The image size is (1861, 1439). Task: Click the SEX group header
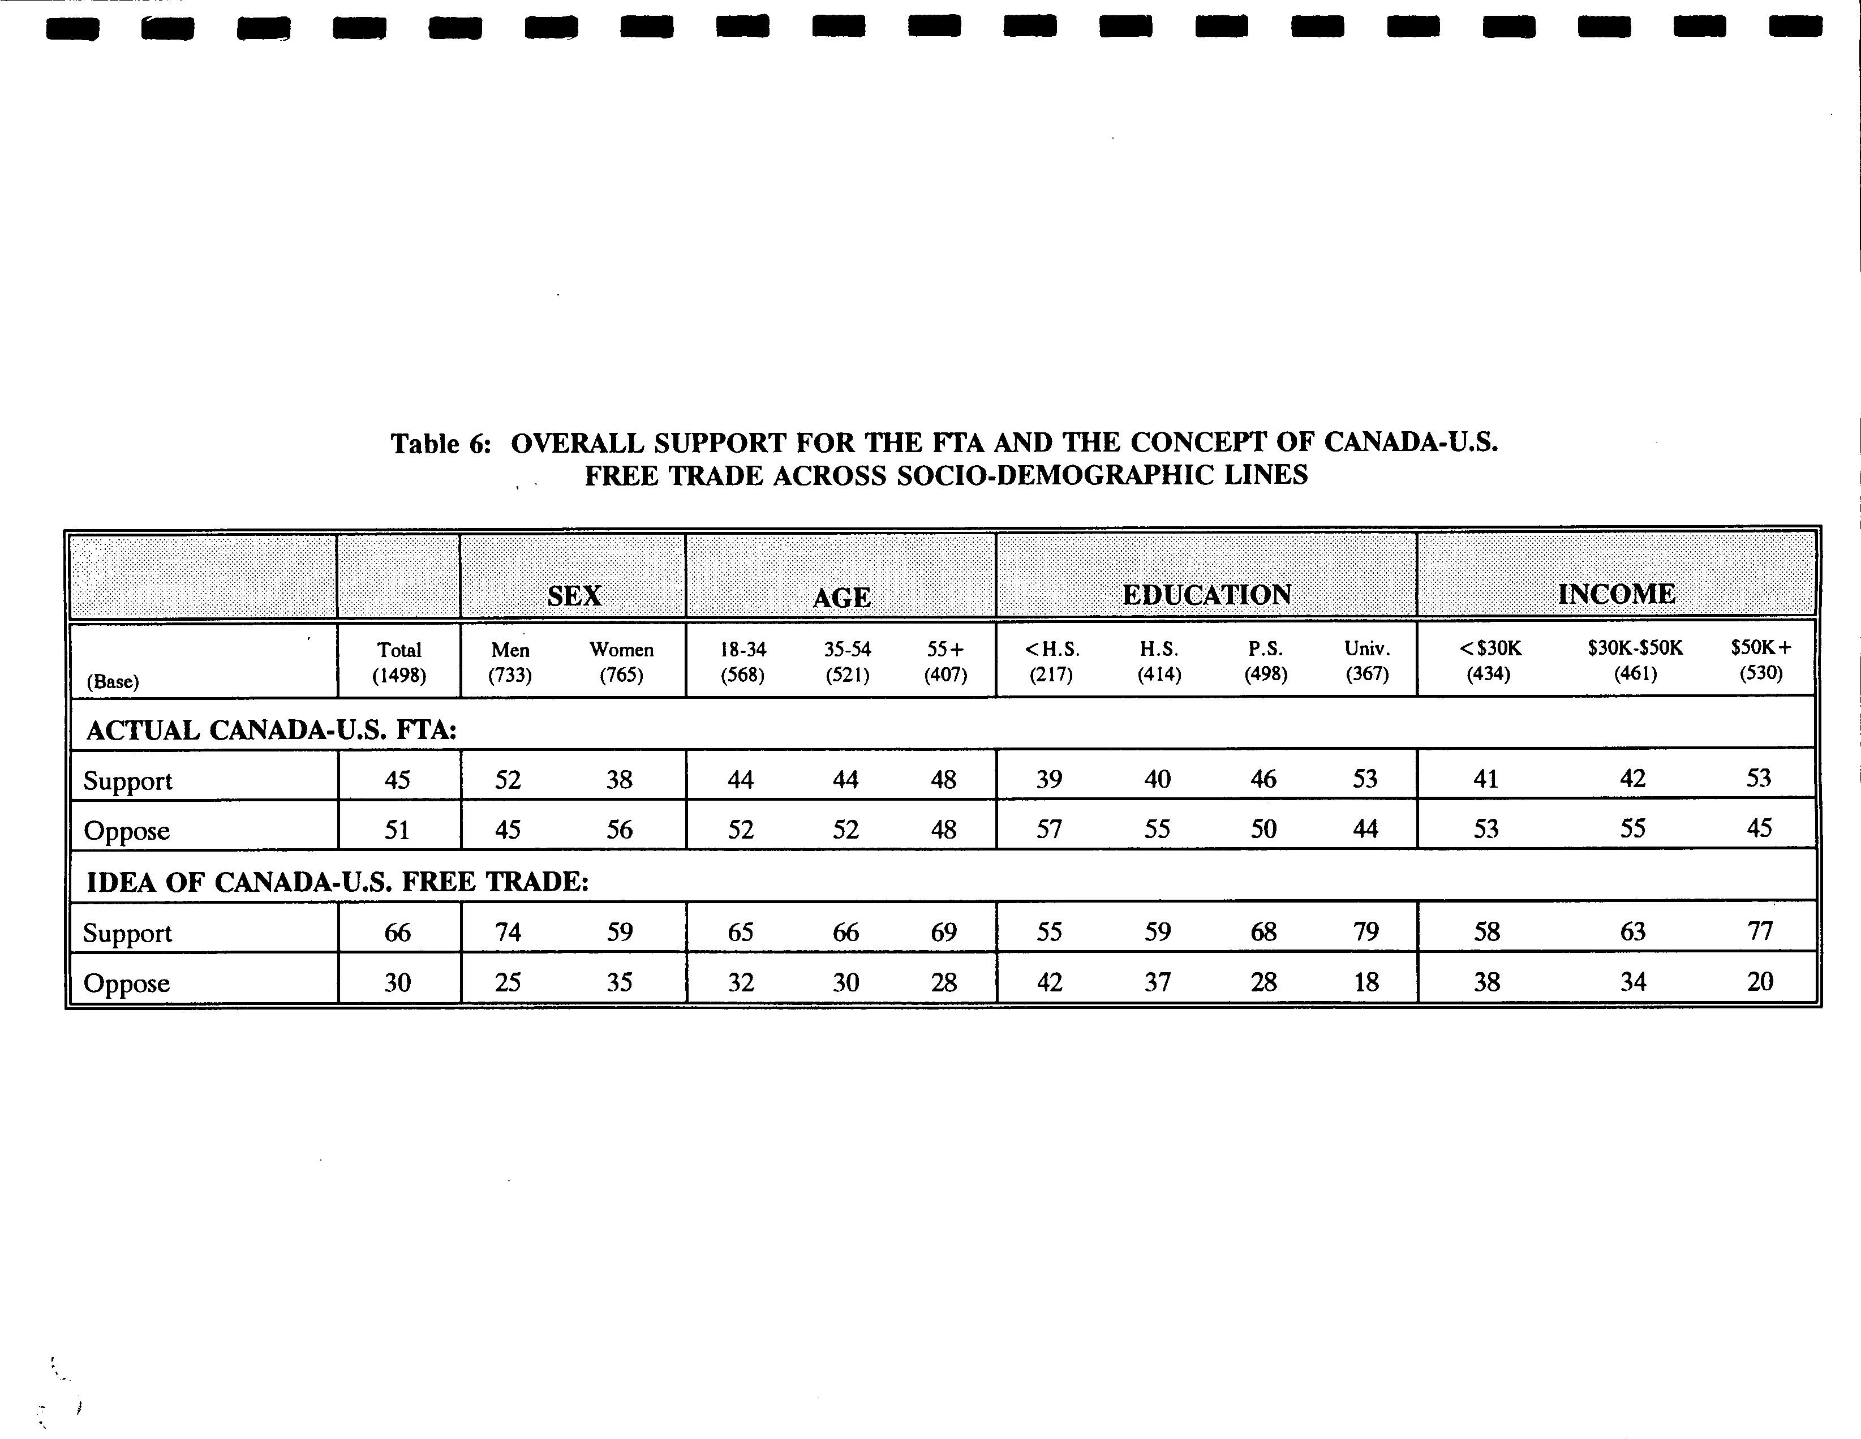coord(574,595)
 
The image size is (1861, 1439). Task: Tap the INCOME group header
coord(1617,593)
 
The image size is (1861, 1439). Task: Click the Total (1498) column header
coord(399,662)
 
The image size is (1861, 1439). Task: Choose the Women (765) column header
coord(621,662)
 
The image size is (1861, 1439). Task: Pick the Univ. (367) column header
coord(1367,661)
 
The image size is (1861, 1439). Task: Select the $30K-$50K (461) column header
coord(1634,660)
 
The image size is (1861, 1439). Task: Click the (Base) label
coord(113,681)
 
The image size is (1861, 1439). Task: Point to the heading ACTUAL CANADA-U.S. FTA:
coord(272,730)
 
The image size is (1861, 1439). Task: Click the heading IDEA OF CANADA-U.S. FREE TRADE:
coord(337,882)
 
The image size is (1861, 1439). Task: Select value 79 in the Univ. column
coord(1366,931)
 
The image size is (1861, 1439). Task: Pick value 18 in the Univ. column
coord(1366,982)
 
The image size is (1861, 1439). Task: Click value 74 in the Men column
coord(508,932)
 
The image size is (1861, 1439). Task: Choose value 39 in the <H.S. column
coord(1049,779)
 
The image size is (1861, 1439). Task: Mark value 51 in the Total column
coord(397,829)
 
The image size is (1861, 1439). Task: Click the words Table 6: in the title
coord(441,444)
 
